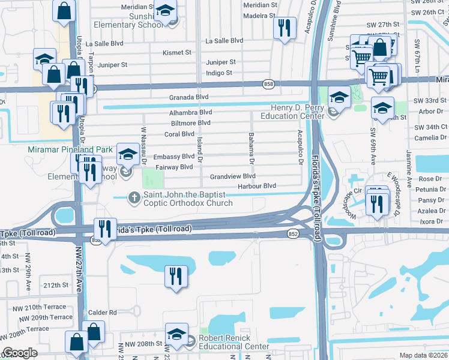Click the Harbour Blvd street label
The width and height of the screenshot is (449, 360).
coord(257,187)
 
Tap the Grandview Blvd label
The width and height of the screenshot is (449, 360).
coord(233,177)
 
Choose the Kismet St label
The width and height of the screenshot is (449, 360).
coord(176,53)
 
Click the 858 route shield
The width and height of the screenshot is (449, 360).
coord(268,85)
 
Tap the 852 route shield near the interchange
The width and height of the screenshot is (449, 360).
coord(293,233)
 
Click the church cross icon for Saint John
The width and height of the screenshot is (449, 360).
coord(133,196)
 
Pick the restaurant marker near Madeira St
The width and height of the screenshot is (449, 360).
coord(284,28)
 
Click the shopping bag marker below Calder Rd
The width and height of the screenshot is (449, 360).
coord(94,331)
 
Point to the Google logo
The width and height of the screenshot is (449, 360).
coord(20,353)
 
